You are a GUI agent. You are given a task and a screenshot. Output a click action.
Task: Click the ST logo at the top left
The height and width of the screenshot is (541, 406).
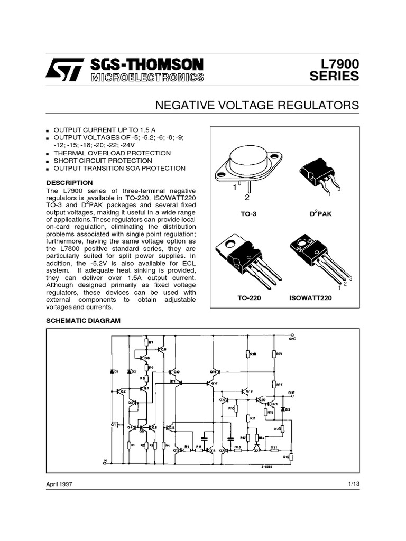(x=64, y=70)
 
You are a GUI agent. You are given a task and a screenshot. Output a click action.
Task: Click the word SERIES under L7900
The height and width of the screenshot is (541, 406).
(x=334, y=77)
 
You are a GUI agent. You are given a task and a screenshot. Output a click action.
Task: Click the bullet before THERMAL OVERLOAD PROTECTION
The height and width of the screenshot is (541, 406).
(x=48, y=154)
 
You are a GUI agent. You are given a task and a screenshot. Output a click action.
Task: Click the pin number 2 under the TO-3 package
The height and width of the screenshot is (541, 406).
(x=246, y=198)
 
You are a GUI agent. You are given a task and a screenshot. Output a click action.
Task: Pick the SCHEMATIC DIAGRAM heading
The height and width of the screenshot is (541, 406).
(x=84, y=321)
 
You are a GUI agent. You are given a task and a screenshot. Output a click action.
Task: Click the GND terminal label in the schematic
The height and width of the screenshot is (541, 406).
(x=292, y=338)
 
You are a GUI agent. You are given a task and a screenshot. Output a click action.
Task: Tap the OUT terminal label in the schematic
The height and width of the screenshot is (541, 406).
(x=291, y=393)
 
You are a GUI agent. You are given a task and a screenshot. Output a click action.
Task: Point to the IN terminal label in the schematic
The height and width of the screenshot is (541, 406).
(x=105, y=461)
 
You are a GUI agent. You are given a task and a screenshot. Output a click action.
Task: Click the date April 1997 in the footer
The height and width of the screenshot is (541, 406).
(x=59, y=484)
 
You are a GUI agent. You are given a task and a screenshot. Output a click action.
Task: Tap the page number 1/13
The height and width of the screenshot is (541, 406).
(x=353, y=484)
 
